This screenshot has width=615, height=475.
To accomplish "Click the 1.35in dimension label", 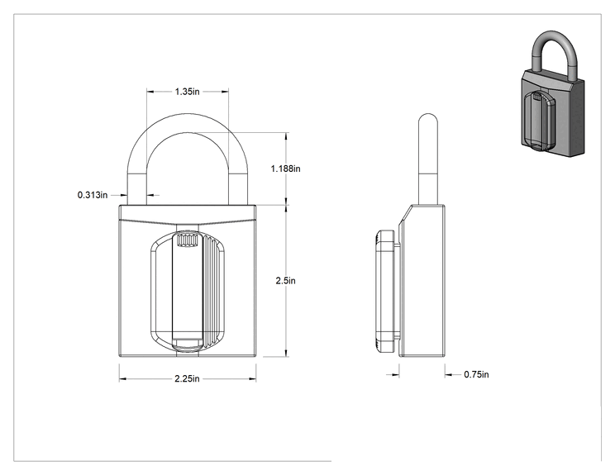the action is point(187,92).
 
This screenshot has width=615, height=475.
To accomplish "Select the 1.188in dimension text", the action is point(285,169).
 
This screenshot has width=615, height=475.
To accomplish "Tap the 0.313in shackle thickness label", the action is point(93,195).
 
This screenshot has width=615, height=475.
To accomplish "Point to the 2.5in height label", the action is point(285,281).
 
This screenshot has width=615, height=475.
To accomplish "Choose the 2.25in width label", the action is point(187,378).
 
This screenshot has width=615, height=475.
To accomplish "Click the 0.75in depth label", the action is point(476,374).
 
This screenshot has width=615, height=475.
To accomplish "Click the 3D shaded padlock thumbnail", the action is point(553,93).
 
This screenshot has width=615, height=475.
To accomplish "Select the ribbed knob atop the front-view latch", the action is point(188,240).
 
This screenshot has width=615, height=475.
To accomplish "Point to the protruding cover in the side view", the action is point(384,292).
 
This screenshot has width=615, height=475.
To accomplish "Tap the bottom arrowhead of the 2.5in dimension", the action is point(286,353).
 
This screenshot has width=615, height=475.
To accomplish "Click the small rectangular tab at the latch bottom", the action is point(187,344).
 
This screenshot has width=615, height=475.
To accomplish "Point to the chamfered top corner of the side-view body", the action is point(406,215).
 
